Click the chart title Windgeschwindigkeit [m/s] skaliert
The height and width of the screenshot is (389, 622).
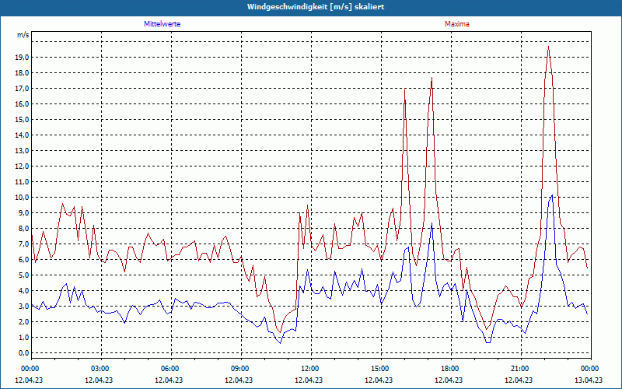tap(310, 6)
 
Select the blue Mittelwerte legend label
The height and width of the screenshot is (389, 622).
tap(162, 24)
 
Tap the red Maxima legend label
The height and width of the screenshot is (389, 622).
tap(457, 24)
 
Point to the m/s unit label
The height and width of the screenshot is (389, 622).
tap(23, 36)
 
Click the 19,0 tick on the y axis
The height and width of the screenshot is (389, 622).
tap(21, 58)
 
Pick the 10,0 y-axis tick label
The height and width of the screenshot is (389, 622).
tap(21, 198)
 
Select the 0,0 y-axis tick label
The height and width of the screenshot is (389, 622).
tap(23, 353)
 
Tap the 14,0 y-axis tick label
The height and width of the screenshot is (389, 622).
tap(21, 135)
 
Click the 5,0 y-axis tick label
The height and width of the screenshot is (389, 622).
tap(23, 275)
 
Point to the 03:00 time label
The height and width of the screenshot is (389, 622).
tap(100, 368)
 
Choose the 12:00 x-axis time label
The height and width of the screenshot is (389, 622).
tap(309, 368)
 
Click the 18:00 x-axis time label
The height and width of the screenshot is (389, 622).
tap(449, 368)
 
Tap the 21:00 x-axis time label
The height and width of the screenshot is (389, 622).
tap(519, 368)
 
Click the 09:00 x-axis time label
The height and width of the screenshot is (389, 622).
tap(239, 368)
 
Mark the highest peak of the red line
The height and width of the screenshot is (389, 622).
tap(548, 47)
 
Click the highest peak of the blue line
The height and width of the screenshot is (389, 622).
tap(551, 195)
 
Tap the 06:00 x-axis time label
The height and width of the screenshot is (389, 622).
tap(169, 368)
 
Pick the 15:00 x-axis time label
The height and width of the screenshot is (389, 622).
tap(379, 368)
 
